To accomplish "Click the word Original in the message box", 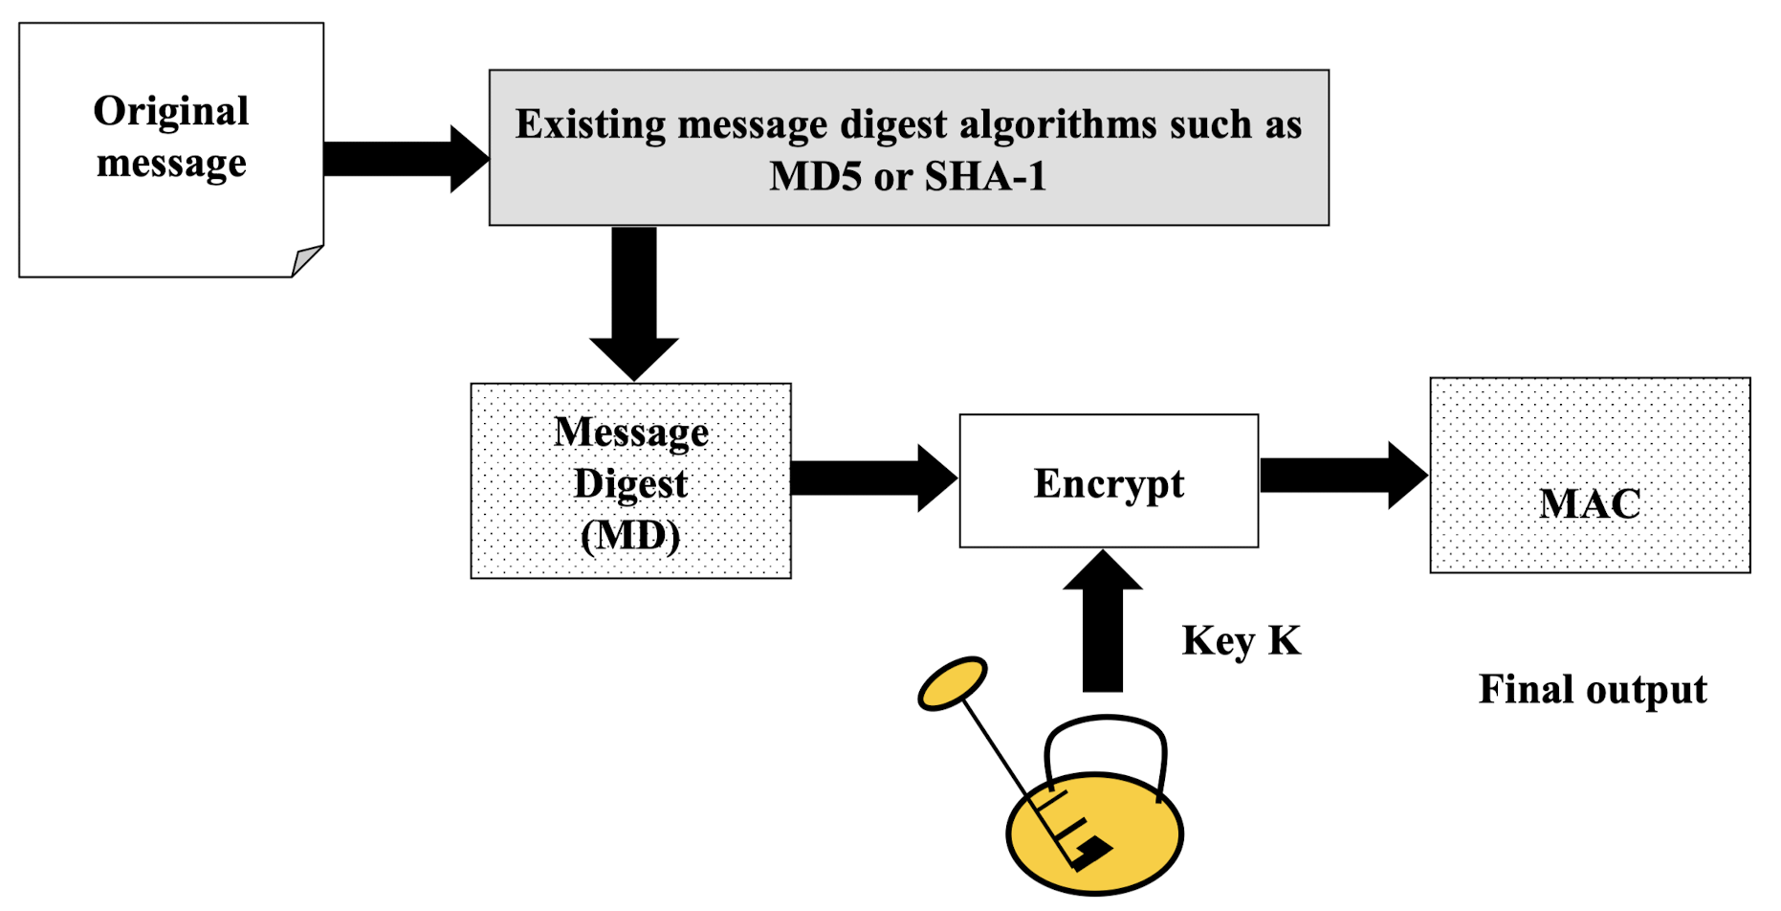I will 171,111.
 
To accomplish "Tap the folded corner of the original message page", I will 307,259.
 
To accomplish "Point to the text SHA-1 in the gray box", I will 986,176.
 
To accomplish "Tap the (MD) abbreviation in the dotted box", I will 630,535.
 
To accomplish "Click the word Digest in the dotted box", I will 630,484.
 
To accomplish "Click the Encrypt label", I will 1109,483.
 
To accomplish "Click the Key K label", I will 1242,640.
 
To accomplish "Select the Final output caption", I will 1593,689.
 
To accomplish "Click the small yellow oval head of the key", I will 952,683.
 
